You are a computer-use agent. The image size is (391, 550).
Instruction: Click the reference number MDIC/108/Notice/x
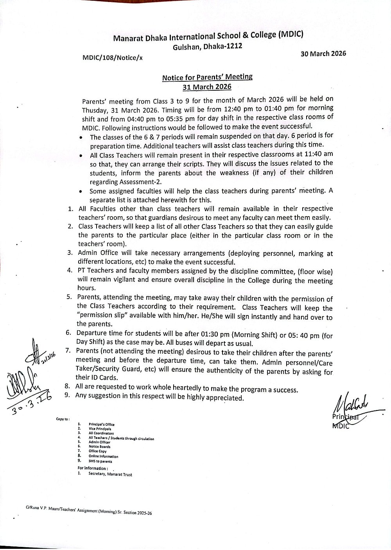[x=113, y=58]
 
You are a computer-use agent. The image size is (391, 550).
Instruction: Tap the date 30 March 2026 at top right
[x=323, y=54]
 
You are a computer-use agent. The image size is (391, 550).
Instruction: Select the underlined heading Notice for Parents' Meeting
[x=207, y=77]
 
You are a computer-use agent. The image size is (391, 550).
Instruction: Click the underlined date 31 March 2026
[x=207, y=86]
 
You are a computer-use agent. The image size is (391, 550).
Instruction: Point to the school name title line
[x=208, y=37]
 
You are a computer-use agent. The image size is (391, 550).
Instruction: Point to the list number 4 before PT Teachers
[x=69, y=271]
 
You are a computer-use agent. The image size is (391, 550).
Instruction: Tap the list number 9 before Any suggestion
[x=68, y=395]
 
